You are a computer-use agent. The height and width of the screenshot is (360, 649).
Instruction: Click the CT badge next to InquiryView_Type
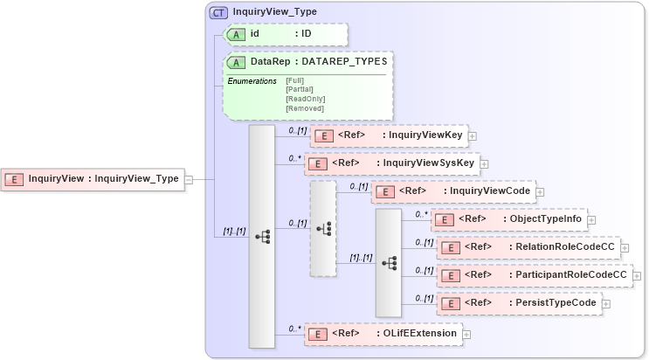(217, 12)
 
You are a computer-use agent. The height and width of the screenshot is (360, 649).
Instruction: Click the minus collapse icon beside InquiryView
(190, 179)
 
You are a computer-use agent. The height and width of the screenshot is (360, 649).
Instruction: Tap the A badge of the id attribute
(236, 34)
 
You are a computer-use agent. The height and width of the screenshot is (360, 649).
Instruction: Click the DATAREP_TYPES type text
(344, 62)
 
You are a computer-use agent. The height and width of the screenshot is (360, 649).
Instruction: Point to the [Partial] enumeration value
(300, 89)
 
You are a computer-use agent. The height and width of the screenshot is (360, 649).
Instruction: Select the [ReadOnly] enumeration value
(305, 99)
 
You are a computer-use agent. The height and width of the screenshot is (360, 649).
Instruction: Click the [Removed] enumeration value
(304, 108)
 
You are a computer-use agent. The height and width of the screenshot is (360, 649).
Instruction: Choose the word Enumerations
(252, 81)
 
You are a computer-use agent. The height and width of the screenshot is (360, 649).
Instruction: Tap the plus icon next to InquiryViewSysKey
(484, 163)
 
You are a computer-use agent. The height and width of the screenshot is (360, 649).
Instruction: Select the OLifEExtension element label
(419, 333)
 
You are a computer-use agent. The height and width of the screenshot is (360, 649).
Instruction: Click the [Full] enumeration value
(295, 80)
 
